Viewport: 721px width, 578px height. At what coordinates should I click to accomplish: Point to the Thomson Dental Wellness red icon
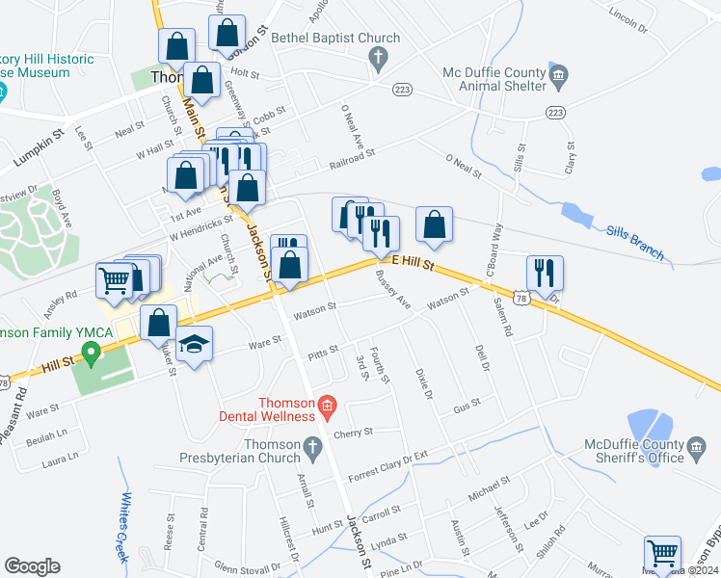pos(328,405)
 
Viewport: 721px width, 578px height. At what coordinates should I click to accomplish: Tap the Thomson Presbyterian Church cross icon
pos(310,446)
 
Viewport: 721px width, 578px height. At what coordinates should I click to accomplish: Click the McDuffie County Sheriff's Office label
pos(633,451)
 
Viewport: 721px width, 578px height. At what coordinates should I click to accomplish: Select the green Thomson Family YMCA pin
pos(92,354)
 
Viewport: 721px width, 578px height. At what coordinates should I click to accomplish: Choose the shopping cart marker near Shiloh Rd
pos(662,554)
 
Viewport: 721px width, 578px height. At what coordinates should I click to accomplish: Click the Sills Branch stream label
pos(636,243)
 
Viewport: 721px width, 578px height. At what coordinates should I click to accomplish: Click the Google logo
pos(32,565)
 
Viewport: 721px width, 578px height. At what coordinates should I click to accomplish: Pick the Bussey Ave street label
pos(393,292)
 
